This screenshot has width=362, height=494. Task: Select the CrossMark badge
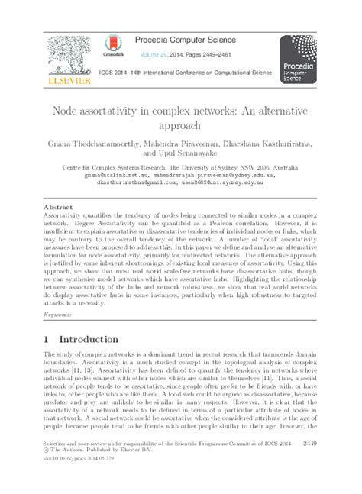(x=113, y=45)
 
